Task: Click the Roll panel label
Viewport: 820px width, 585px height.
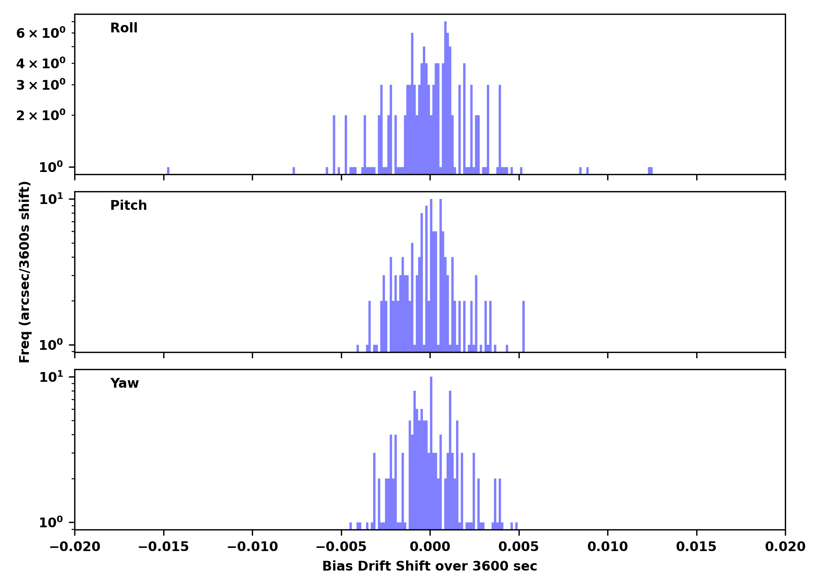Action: [124, 28]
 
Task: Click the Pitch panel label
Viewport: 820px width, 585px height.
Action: [128, 206]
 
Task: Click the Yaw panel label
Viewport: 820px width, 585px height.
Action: [125, 383]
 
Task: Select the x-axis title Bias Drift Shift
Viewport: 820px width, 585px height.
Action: [430, 566]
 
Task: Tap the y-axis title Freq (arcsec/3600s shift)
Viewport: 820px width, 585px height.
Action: [25, 272]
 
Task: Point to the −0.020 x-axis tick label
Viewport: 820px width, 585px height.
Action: [75, 547]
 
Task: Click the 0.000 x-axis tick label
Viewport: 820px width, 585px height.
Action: [430, 547]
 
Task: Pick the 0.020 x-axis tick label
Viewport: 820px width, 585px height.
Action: [785, 547]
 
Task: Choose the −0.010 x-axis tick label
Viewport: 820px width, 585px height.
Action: [252, 547]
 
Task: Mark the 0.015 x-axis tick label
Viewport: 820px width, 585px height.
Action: [696, 547]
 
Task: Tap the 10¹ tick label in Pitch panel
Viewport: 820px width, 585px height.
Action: [51, 200]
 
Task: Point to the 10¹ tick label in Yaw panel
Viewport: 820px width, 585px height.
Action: [51, 378]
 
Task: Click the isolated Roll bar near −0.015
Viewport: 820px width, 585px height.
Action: [168, 170]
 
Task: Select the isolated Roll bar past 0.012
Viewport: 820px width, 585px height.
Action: [650, 170]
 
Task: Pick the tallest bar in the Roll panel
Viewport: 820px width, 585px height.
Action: [445, 97]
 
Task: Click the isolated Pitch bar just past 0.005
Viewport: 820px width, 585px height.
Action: [524, 326]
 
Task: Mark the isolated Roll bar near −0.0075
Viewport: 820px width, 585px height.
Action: [294, 170]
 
